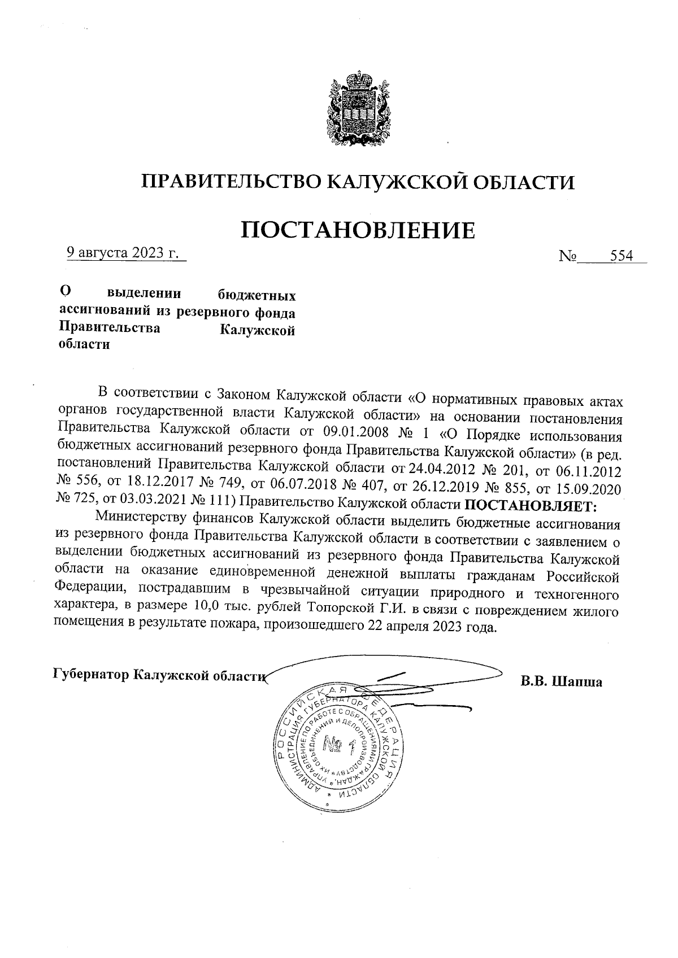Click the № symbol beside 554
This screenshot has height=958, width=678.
click(x=567, y=257)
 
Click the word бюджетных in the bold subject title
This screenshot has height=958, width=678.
click(x=257, y=296)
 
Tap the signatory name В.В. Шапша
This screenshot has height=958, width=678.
click(x=561, y=681)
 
